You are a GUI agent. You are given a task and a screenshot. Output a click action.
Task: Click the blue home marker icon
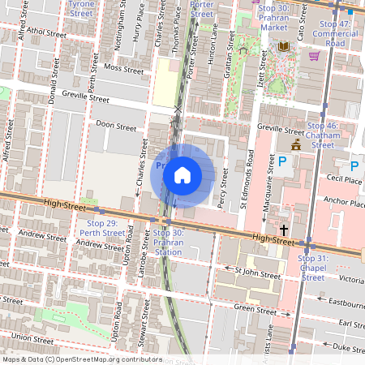click(182, 175)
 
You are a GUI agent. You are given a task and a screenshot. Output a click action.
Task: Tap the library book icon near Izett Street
click(284, 47)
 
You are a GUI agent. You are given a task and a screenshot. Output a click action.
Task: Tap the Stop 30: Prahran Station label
click(168, 242)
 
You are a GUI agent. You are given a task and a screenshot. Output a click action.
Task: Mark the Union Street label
click(32, 337)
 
